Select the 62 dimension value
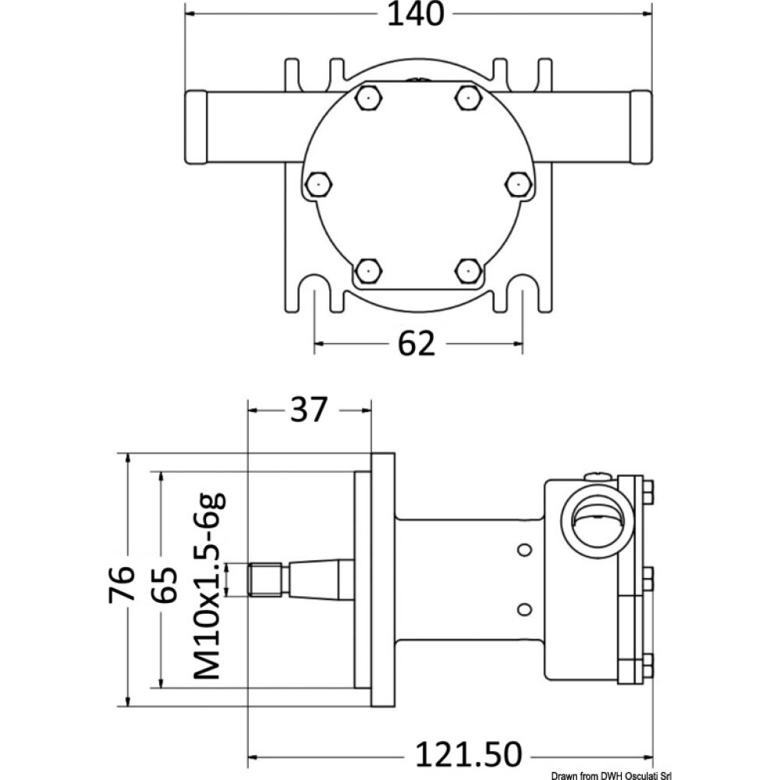(x=417, y=343)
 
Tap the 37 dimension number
(x=309, y=410)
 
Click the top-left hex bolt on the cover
(x=367, y=97)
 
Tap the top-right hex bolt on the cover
(x=466, y=97)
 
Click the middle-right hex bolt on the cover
(x=516, y=184)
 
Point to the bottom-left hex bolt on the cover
(x=367, y=271)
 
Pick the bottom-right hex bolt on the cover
(x=466, y=271)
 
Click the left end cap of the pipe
(x=195, y=126)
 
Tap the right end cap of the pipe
(x=640, y=126)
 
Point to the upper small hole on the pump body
(x=524, y=550)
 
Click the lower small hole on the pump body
(x=524, y=608)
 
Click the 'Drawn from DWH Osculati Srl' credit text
(x=611, y=772)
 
